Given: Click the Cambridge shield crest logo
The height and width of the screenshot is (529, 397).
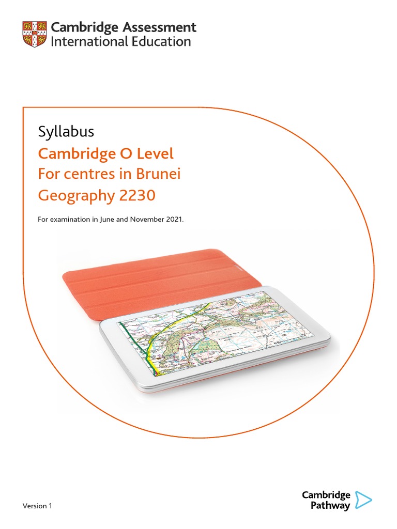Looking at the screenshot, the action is click(35, 34).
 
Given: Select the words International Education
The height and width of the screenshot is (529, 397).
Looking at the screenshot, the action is click(120, 41).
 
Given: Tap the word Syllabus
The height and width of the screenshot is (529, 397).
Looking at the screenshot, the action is click(66, 132).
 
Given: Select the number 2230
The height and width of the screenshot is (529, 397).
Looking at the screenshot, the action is click(137, 196).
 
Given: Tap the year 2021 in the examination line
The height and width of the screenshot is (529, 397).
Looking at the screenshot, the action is click(174, 220).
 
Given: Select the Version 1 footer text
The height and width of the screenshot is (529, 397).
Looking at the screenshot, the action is click(37, 506).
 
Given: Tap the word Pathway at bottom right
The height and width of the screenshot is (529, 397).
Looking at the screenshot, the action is click(330, 506).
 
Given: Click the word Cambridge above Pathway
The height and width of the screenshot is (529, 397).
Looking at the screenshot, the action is click(326, 495).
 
